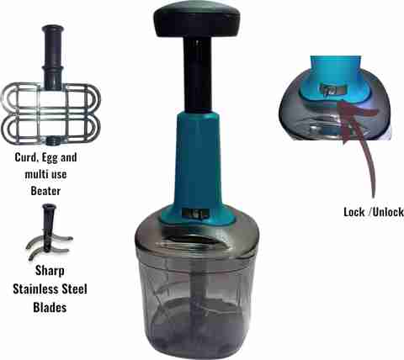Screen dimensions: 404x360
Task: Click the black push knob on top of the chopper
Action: [197, 19]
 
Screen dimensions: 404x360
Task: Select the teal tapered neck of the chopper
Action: [197, 160]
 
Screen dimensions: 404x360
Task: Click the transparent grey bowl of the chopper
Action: [196, 300]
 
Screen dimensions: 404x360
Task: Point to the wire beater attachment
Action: [50, 112]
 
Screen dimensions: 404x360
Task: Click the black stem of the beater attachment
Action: [52, 57]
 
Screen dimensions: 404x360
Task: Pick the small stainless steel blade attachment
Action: [49, 232]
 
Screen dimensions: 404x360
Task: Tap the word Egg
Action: [50, 158]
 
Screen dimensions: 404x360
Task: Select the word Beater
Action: [45, 191]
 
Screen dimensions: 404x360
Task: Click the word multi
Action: [35, 174]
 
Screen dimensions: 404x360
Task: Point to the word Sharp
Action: [50, 271]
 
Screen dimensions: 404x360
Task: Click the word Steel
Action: [74, 289]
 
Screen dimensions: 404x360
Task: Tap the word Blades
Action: [50, 307]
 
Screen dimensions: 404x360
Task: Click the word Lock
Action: [354, 212]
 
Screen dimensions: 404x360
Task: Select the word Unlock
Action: [388, 212]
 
